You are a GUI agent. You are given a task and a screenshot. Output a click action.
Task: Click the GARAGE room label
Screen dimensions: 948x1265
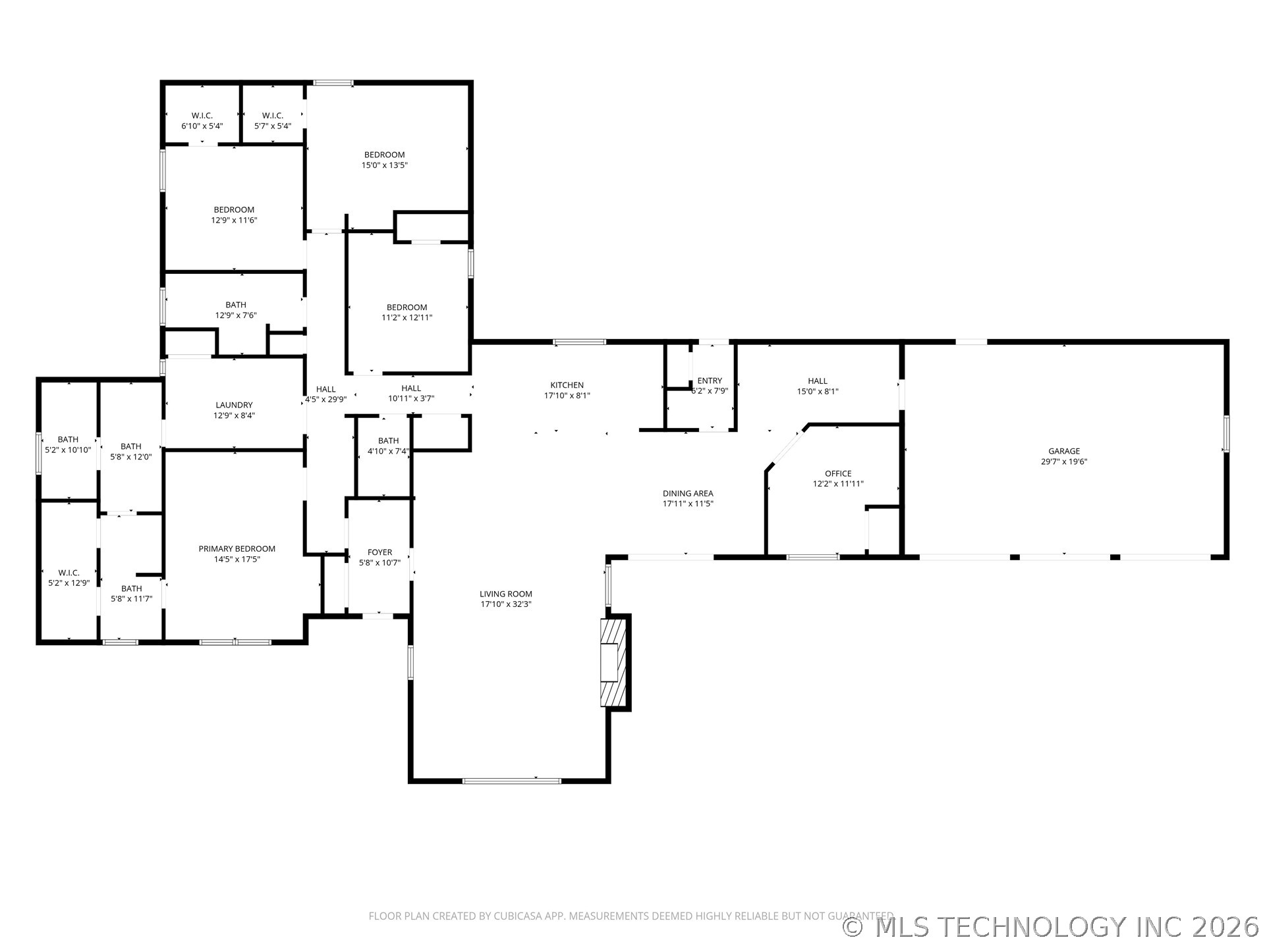1064,451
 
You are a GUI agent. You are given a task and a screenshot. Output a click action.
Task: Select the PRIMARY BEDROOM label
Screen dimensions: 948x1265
237,548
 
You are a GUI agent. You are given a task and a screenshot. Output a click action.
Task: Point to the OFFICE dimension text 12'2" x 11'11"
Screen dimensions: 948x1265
838,484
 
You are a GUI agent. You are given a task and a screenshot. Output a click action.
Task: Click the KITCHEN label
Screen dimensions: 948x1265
567,385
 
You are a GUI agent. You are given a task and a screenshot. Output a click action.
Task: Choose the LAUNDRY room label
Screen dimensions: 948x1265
234,405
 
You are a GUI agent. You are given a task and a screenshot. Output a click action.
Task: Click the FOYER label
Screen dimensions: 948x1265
379,552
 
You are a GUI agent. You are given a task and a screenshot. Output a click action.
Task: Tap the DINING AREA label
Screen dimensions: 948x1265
688,493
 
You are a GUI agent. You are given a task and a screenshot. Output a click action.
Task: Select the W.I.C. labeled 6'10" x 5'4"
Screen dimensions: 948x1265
202,120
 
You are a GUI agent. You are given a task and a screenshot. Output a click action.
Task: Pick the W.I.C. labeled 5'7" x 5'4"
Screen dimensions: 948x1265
273,120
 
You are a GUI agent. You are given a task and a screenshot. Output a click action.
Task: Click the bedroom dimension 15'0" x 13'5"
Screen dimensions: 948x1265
384,165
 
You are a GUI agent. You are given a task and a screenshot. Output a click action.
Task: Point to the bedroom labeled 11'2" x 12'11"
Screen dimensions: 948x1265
407,312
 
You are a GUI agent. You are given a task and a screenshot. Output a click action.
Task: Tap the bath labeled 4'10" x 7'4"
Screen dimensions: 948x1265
388,446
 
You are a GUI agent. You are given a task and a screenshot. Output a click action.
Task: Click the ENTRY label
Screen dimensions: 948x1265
710,381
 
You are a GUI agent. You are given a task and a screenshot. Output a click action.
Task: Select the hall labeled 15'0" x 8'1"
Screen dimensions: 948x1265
818,385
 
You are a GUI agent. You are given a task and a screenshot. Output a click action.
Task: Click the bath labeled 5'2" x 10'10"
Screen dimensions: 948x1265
68,444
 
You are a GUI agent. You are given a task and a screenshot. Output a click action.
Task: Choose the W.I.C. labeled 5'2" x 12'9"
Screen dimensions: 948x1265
69,577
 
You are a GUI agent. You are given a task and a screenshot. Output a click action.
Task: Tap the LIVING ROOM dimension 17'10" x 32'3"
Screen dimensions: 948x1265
506,604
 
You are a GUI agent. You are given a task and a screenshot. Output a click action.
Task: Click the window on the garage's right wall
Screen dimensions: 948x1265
1225,433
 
